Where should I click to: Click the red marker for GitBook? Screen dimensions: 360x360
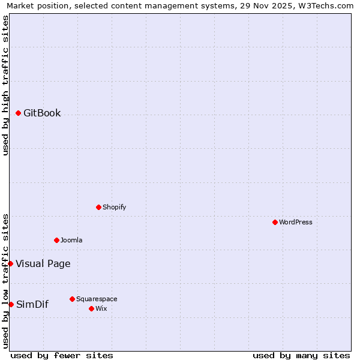point(19,113)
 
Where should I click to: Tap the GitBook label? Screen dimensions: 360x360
point(42,113)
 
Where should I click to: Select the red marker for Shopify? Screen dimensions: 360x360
point(98,207)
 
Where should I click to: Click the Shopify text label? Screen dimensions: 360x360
point(114,208)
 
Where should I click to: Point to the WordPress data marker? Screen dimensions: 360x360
point(275,222)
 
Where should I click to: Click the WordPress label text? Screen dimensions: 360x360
point(295,223)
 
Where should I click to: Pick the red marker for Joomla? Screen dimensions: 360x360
point(56,240)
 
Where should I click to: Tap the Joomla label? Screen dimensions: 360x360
point(71,241)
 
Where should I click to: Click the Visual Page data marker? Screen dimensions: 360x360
point(10,263)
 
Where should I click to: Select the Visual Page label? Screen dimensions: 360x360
point(43,264)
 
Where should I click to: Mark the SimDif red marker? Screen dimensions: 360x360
point(11,304)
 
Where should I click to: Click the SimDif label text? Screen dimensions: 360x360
point(32,305)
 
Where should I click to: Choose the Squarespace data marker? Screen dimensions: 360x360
point(72,299)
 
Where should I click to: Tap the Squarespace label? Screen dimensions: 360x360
point(97,299)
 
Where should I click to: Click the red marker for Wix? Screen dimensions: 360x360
point(91,308)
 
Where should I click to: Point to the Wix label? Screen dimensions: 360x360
point(101,309)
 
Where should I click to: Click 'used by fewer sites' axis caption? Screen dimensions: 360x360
point(62,355)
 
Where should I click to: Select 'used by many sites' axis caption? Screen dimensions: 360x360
point(301,355)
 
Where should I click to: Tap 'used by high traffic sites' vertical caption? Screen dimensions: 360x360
point(5,85)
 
